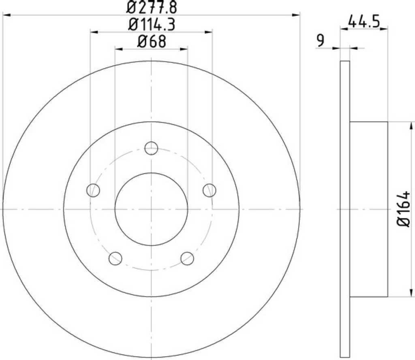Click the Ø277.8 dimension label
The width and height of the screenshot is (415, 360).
[x=152, y=7]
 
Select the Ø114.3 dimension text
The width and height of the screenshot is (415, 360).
[x=152, y=25]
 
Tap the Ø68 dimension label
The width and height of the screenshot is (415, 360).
[x=152, y=42]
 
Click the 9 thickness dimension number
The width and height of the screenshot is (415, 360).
[x=320, y=40]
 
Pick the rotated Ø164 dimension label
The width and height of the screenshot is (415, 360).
[x=403, y=209]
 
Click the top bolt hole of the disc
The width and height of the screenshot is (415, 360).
[x=152, y=148]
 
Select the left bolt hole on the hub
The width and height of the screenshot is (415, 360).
[x=93, y=190]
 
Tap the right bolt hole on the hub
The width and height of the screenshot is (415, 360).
[x=210, y=190]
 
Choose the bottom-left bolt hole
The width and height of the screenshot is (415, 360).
[x=116, y=258]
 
